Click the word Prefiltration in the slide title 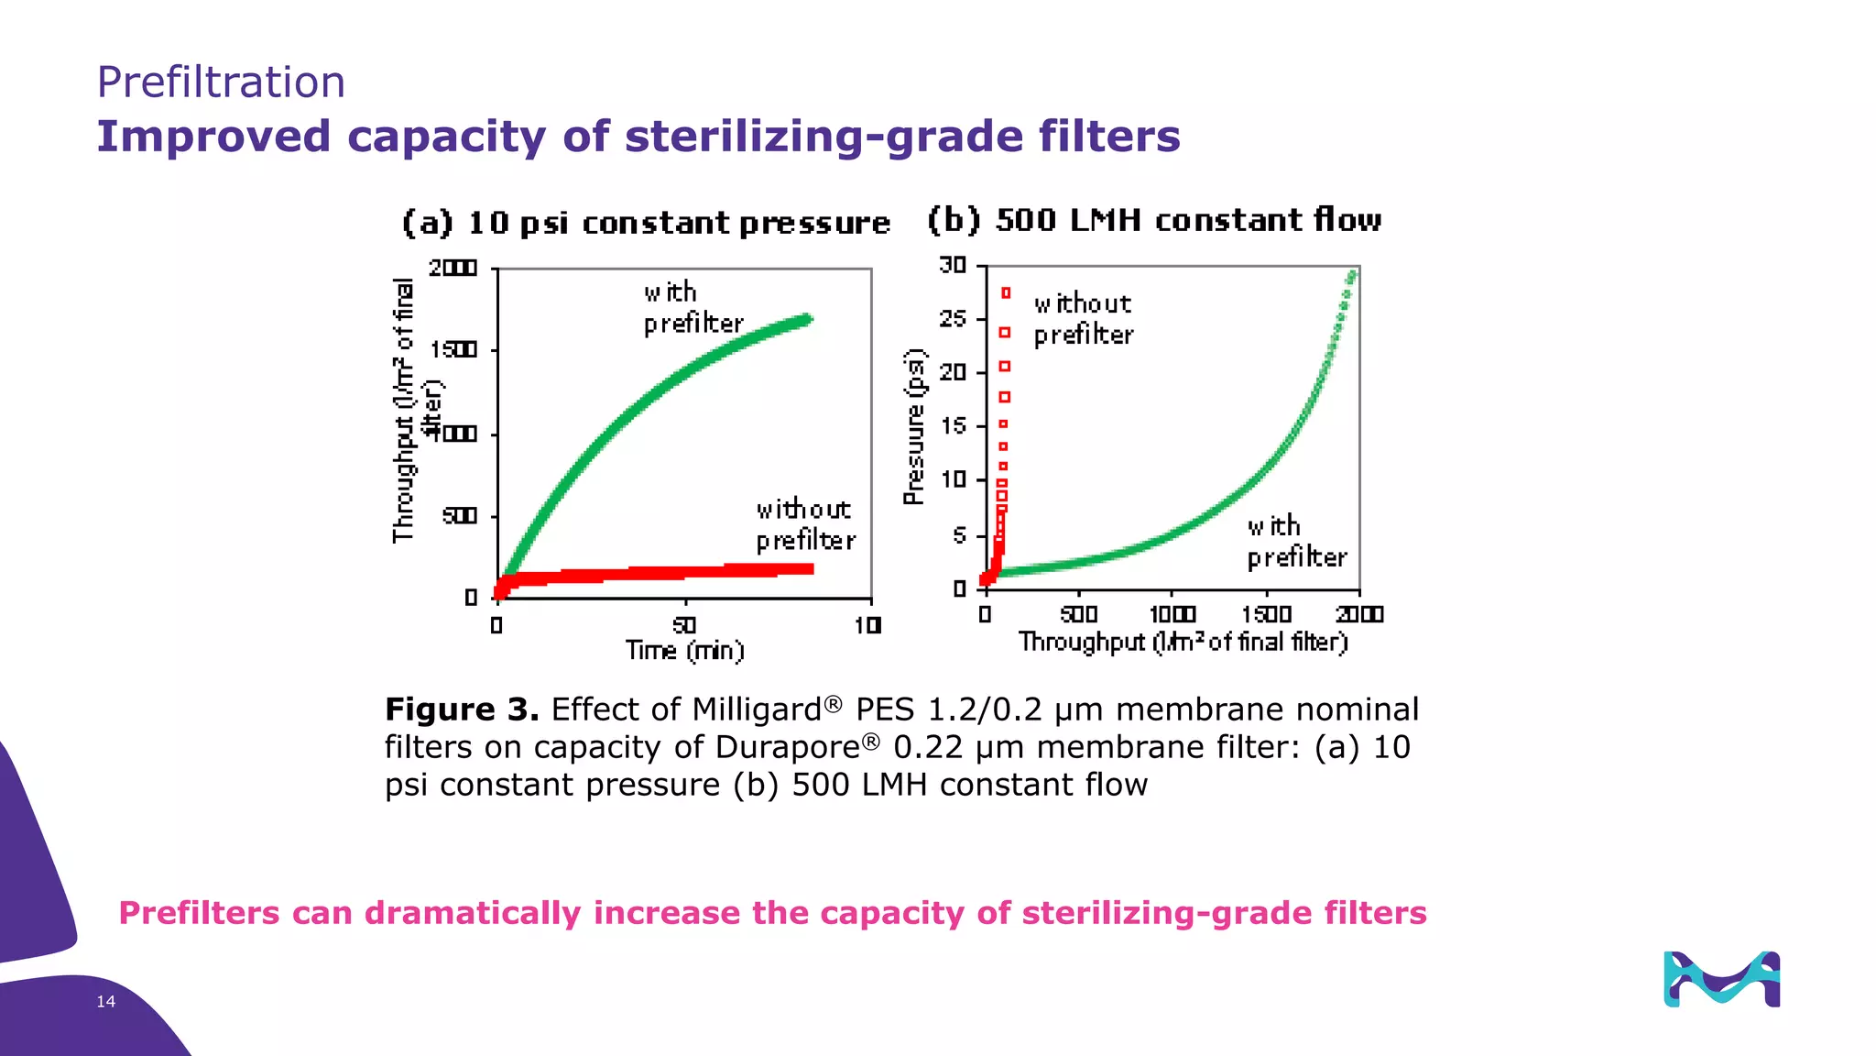pos(221,82)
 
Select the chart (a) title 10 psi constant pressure pos(647,223)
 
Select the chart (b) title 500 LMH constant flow pos(1154,220)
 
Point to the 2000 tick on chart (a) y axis pos(453,268)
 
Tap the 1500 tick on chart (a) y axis pos(453,350)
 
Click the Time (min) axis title pos(684,651)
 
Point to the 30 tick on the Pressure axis pos(953,266)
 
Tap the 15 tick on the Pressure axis pos(953,425)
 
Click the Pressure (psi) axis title pos(914,427)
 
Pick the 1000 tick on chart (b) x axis pos(1172,614)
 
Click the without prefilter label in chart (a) pos(805,524)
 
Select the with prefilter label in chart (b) pos(1296,542)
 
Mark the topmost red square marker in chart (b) pos(1006,292)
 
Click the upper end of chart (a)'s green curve pos(807,320)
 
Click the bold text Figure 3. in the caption pos(462,709)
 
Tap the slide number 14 pos(106,1002)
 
